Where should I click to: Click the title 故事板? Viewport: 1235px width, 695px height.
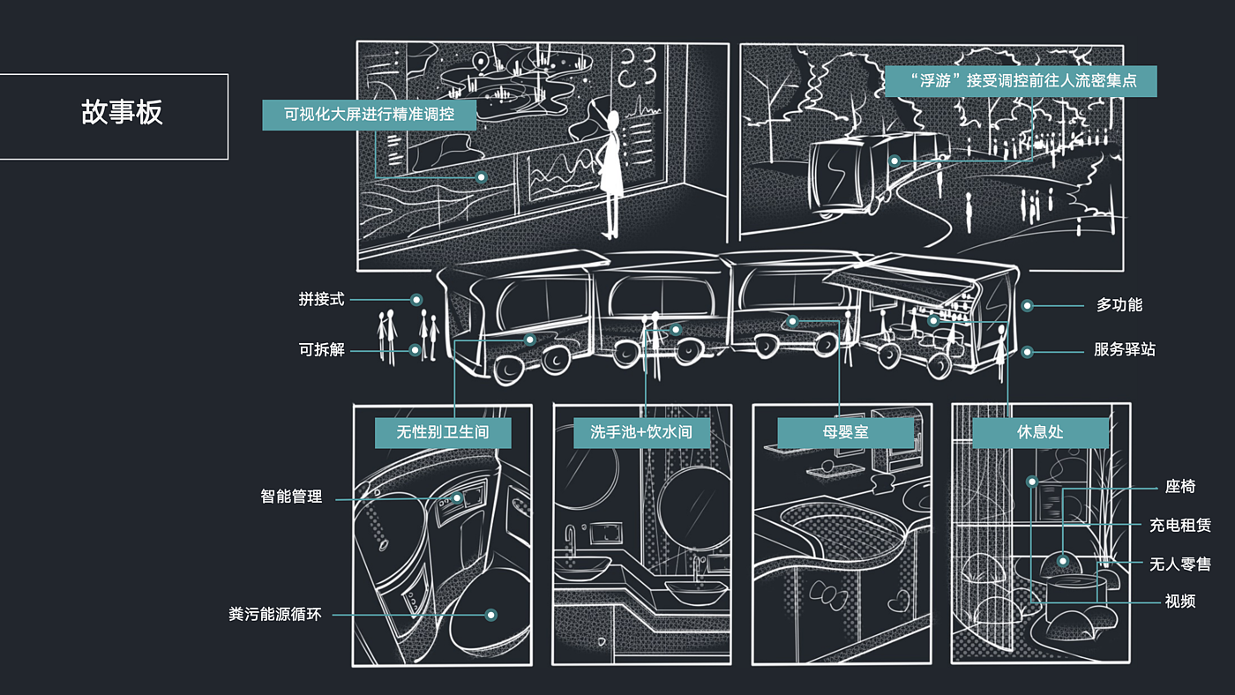[122, 112]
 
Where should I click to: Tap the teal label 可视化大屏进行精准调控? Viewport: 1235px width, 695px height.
[369, 115]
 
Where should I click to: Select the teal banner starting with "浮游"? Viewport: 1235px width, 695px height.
[1022, 81]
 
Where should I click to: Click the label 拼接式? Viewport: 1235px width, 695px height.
[321, 299]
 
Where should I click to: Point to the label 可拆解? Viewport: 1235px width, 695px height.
[321, 349]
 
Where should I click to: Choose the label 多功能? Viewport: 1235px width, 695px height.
[1119, 305]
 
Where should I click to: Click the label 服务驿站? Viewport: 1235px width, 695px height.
[1125, 349]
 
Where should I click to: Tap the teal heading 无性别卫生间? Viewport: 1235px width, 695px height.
[443, 432]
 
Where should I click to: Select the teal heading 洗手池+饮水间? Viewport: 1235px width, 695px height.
[641, 432]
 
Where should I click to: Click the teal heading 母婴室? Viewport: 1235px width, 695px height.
[846, 432]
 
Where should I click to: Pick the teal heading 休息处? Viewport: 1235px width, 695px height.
[1040, 432]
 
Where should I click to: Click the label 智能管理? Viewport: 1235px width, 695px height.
[291, 497]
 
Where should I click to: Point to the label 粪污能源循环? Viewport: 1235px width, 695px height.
[275, 614]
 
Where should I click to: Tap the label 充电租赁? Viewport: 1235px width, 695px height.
[1180, 526]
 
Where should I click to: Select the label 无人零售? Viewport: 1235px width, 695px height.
[1180, 564]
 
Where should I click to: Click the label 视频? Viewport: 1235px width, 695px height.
[1180, 601]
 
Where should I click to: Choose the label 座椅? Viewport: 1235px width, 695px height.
[1180, 486]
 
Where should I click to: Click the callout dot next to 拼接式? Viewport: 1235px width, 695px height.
[416, 300]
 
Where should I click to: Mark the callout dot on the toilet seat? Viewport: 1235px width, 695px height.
[490, 615]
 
